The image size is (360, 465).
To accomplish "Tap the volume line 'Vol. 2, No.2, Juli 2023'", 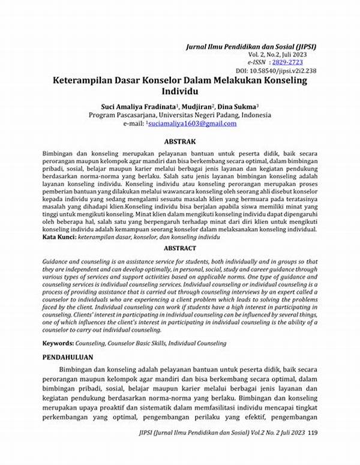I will [283, 54].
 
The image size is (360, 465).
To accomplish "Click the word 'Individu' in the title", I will [180, 91].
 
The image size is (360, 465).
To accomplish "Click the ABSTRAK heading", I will [180, 142].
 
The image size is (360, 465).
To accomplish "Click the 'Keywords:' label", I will [58, 343].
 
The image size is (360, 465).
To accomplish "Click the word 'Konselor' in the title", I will [169, 80].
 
